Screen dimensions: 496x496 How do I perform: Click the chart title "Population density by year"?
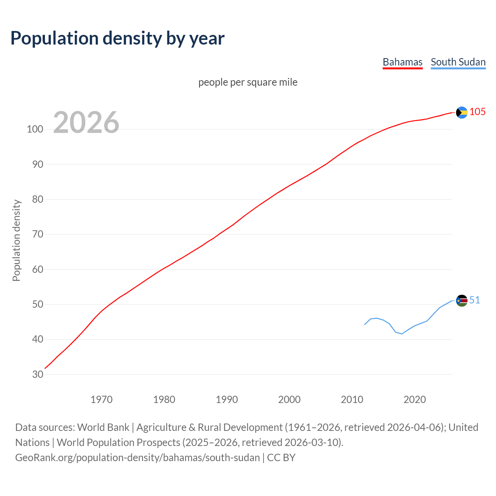(x=117, y=38)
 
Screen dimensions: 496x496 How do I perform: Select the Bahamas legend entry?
(x=402, y=62)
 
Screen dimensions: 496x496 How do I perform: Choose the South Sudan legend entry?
(x=458, y=62)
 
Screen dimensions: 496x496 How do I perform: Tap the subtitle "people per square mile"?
(x=248, y=82)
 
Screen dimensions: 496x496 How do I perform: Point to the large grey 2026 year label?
(x=86, y=122)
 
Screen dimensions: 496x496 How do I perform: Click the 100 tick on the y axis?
(x=35, y=129)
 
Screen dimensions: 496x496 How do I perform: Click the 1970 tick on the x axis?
(x=102, y=400)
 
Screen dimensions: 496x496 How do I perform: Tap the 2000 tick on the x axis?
(x=289, y=400)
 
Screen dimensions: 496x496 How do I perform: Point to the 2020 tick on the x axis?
(x=415, y=400)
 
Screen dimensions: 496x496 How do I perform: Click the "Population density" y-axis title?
(x=16, y=240)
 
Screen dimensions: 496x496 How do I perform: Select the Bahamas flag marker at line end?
(x=462, y=112)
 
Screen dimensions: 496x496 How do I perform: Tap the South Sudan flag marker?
(x=462, y=301)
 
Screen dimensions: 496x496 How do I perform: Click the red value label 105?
(x=477, y=112)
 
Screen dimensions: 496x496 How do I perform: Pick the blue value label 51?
(x=475, y=300)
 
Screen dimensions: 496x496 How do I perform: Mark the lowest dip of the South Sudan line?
(x=402, y=334)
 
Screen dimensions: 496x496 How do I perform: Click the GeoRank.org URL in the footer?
(x=138, y=458)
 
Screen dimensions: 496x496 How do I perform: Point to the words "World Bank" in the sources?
(x=103, y=427)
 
